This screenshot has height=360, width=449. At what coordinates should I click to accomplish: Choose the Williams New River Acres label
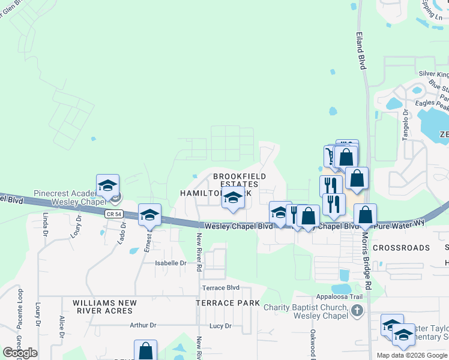pyautogui.click(x=104, y=307)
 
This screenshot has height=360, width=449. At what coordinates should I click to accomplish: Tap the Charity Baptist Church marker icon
pyautogui.click(x=357, y=310)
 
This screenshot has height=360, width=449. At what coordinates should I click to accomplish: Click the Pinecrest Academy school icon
pyautogui.click(x=107, y=185)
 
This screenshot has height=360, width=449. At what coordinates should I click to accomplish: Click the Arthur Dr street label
pyautogui.click(x=143, y=325)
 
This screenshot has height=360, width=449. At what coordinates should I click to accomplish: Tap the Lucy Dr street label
pyautogui.click(x=220, y=326)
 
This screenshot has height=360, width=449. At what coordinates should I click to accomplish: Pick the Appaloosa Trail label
pyautogui.click(x=340, y=296)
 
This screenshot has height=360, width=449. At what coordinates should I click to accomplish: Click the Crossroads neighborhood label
pyautogui.click(x=401, y=247)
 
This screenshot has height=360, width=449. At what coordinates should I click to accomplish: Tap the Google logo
pyautogui.click(x=20, y=353)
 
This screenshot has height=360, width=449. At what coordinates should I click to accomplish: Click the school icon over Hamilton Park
pyautogui.click(x=232, y=197)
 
